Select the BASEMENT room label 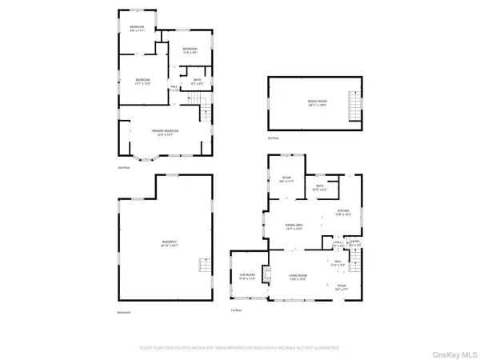tap(169, 243)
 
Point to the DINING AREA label tap(294, 228)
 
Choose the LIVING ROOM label tap(298, 278)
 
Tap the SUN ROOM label tap(247, 278)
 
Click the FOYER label tap(342, 287)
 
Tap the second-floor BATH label tap(198, 82)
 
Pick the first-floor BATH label tap(320, 189)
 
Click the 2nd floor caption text tap(122, 168)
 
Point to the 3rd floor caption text tap(274, 138)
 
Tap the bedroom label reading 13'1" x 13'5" tap(142, 82)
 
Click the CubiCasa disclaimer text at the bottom tap(240, 348)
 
